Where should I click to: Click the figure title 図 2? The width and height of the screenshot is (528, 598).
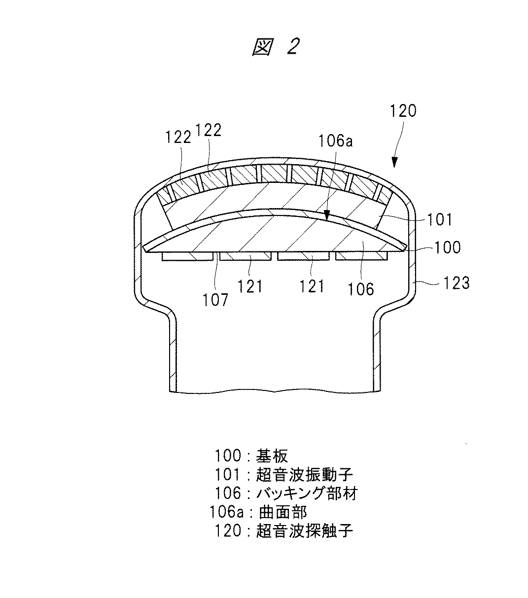pos(275,48)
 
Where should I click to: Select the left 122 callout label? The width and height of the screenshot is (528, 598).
pos(178,137)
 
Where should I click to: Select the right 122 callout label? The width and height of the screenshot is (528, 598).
pos(209,130)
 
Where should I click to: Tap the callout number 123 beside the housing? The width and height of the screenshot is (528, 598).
pos(456,283)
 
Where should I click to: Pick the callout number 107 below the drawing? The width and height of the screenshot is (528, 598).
pos(215,299)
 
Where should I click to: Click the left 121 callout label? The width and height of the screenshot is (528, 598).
pos(250,286)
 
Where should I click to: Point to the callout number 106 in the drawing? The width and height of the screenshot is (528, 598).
pos(361,288)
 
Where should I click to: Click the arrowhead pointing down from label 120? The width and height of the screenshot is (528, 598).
pos(394,163)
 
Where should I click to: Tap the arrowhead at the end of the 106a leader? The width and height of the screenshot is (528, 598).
pos(326,215)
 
